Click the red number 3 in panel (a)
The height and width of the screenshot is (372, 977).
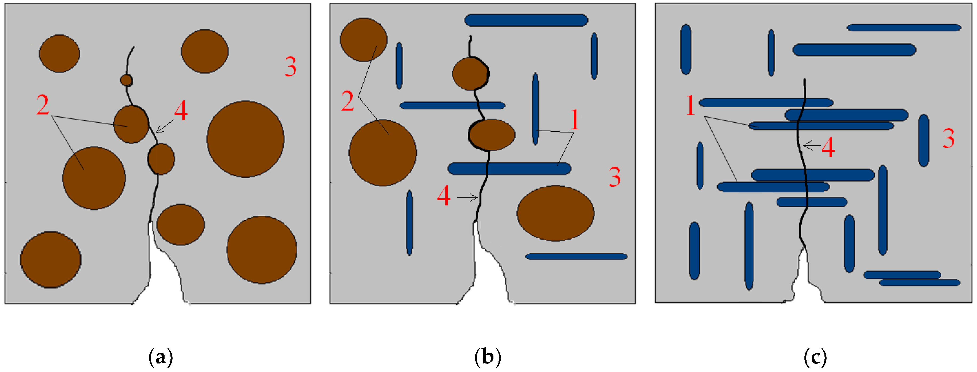290,67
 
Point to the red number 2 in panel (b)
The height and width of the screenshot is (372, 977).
348,101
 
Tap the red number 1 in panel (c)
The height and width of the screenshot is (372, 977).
691,106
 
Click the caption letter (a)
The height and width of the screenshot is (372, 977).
161,357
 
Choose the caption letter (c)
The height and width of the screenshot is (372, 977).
815,357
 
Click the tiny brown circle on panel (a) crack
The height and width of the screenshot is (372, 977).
126,80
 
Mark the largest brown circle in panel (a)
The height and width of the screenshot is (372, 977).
245,139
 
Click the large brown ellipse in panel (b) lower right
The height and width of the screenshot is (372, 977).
555,213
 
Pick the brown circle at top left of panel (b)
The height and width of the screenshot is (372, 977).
363,40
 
